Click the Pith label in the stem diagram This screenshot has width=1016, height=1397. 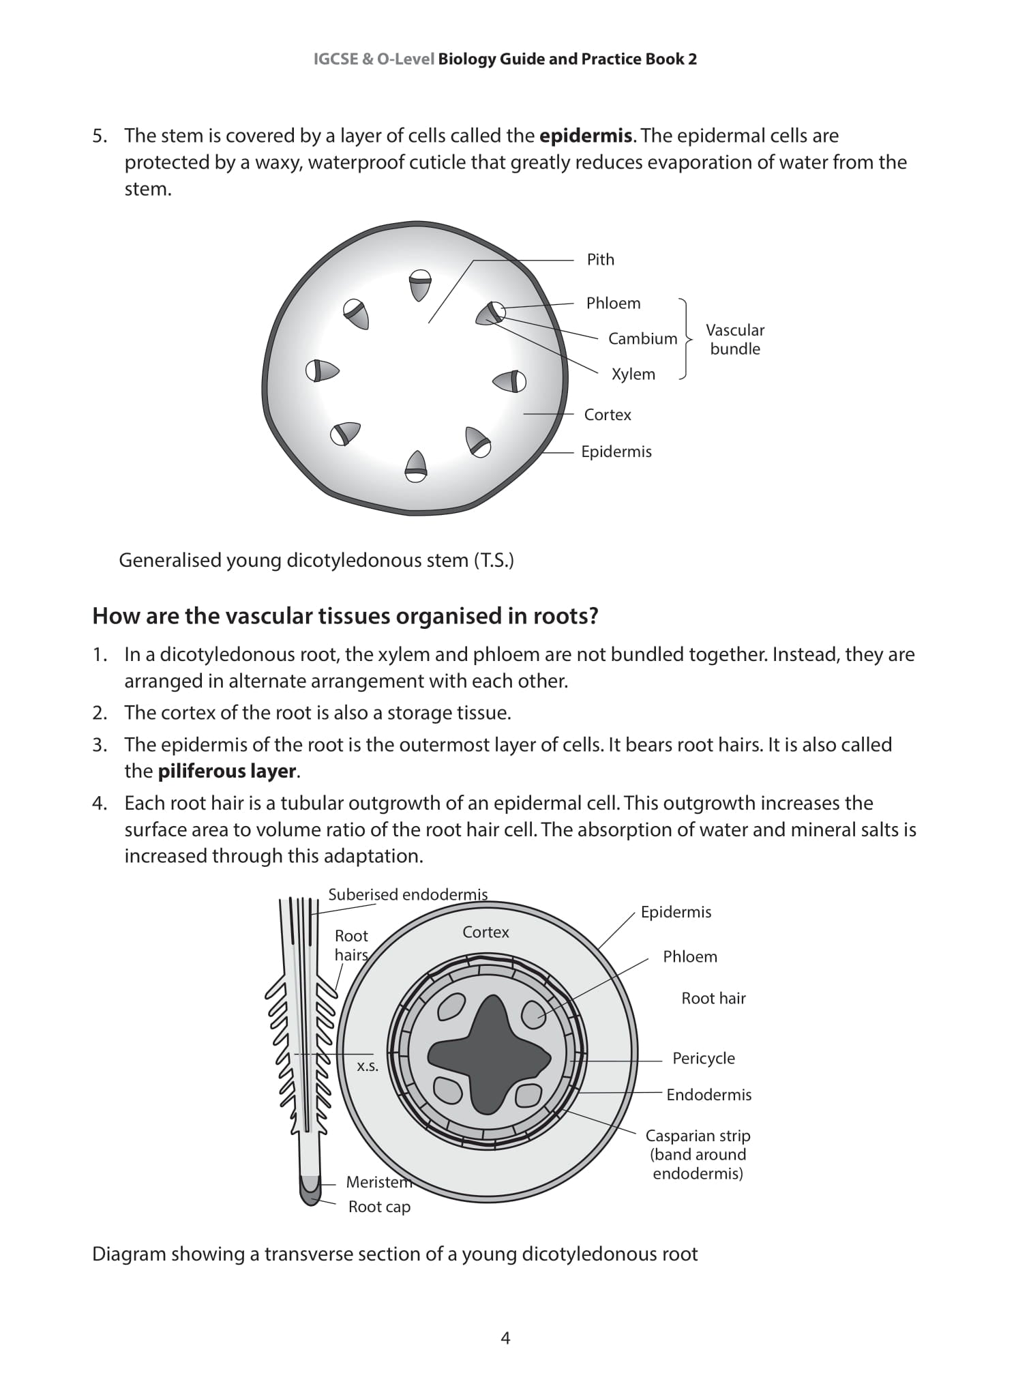[x=600, y=260]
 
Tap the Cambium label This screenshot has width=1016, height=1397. [x=642, y=339]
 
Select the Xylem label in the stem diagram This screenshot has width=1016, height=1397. [x=633, y=374]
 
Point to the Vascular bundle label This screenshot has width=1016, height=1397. [x=734, y=340]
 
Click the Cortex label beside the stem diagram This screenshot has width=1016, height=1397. [x=607, y=415]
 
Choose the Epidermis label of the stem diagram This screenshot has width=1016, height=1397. [x=616, y=452]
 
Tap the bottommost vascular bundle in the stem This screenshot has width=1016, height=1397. [x=416, y=466]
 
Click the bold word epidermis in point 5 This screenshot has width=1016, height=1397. [x=585, y=136]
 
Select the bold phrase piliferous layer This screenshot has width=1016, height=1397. [x=227, y=771]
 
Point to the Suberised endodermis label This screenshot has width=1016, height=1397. [x=408, y=895]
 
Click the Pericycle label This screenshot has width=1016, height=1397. [x=703, y=1059]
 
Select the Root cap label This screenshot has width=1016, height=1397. [x=379, y=1207]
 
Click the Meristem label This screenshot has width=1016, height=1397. [x=378, y=1182]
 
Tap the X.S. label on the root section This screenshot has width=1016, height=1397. [x=368, y=1066]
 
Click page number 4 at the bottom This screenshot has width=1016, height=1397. [x=505, y=1338]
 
